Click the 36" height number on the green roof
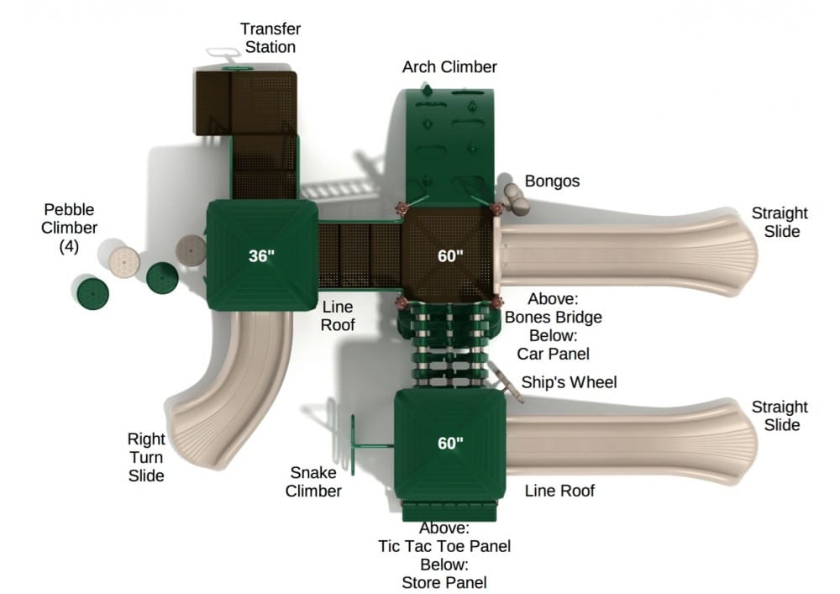tap(261, 256)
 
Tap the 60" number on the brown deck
tap(450, 256)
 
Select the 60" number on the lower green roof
tap(450, 444)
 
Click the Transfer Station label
tap(270, 38)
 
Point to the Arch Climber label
tap(449, 66)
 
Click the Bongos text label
tap(552, 181)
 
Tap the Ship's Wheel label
tap(569, 383)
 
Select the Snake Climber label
tap(313, 481)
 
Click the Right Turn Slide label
tap(145, 457)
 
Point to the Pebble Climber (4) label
tap(71, 228)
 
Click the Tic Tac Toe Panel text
tap(444, 546)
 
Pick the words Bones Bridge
tap(553, 317)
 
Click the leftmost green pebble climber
tap(92, 293)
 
